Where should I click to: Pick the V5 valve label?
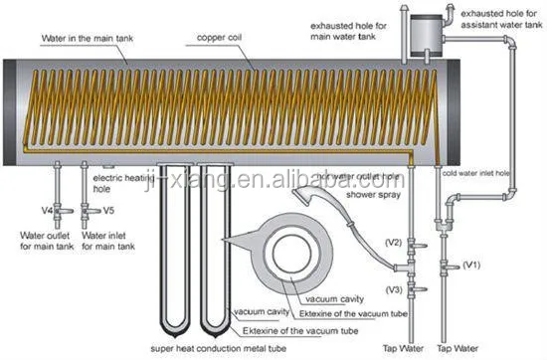coord(109,211)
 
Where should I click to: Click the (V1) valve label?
coord(470,266)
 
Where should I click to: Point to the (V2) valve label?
coord(393,242)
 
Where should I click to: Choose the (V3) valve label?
coord(393,288)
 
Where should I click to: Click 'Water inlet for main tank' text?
coord(109,240)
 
